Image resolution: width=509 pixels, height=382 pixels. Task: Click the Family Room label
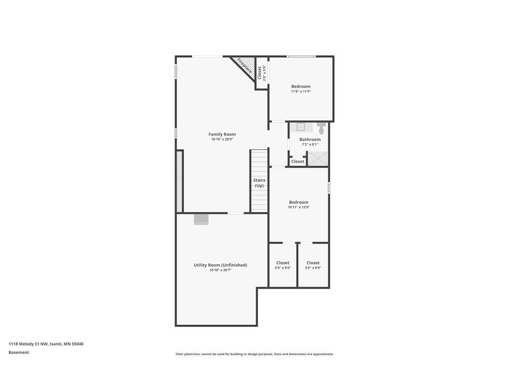tap(222, 134)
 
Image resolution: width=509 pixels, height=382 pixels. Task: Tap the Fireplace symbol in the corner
tap(244, 66)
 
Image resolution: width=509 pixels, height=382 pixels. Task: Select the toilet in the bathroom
tap(321, 128)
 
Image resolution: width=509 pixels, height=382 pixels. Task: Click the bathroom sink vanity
tap(301, 127)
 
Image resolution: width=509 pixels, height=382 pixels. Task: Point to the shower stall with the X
tap(318, 159)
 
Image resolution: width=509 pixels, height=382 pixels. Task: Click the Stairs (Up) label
tap(259, 183)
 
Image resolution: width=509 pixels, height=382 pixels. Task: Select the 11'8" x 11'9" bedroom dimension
tap(301, 92)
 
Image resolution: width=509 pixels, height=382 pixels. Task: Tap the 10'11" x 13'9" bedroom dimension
tap(298, 207)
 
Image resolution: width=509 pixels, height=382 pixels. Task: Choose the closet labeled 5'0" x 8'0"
tap(283, 265)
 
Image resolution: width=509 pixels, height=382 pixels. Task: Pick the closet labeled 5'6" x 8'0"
tap(313, 265)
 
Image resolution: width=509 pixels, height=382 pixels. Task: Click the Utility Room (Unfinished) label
tap(220, 265)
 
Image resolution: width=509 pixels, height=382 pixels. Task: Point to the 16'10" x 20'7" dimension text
tap(220, 270)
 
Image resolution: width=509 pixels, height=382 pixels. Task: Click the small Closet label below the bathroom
tap(298, 162)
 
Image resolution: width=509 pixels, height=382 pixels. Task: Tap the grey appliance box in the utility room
tap(201, 219)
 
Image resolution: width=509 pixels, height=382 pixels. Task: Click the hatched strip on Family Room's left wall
tap(179, 182)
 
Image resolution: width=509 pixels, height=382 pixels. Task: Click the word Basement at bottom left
tap(19, 352)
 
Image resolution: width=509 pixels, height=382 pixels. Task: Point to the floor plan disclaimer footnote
tap(254, 354)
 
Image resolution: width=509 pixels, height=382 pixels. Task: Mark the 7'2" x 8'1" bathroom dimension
tap(310, 145)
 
